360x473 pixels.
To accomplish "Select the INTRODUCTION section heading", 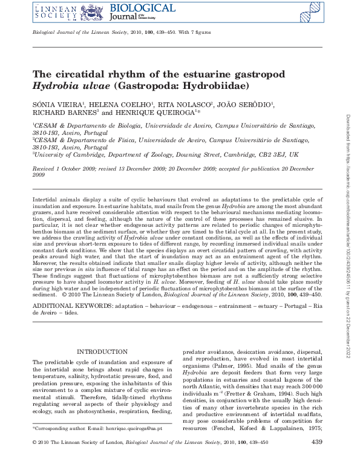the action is (102, 352).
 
